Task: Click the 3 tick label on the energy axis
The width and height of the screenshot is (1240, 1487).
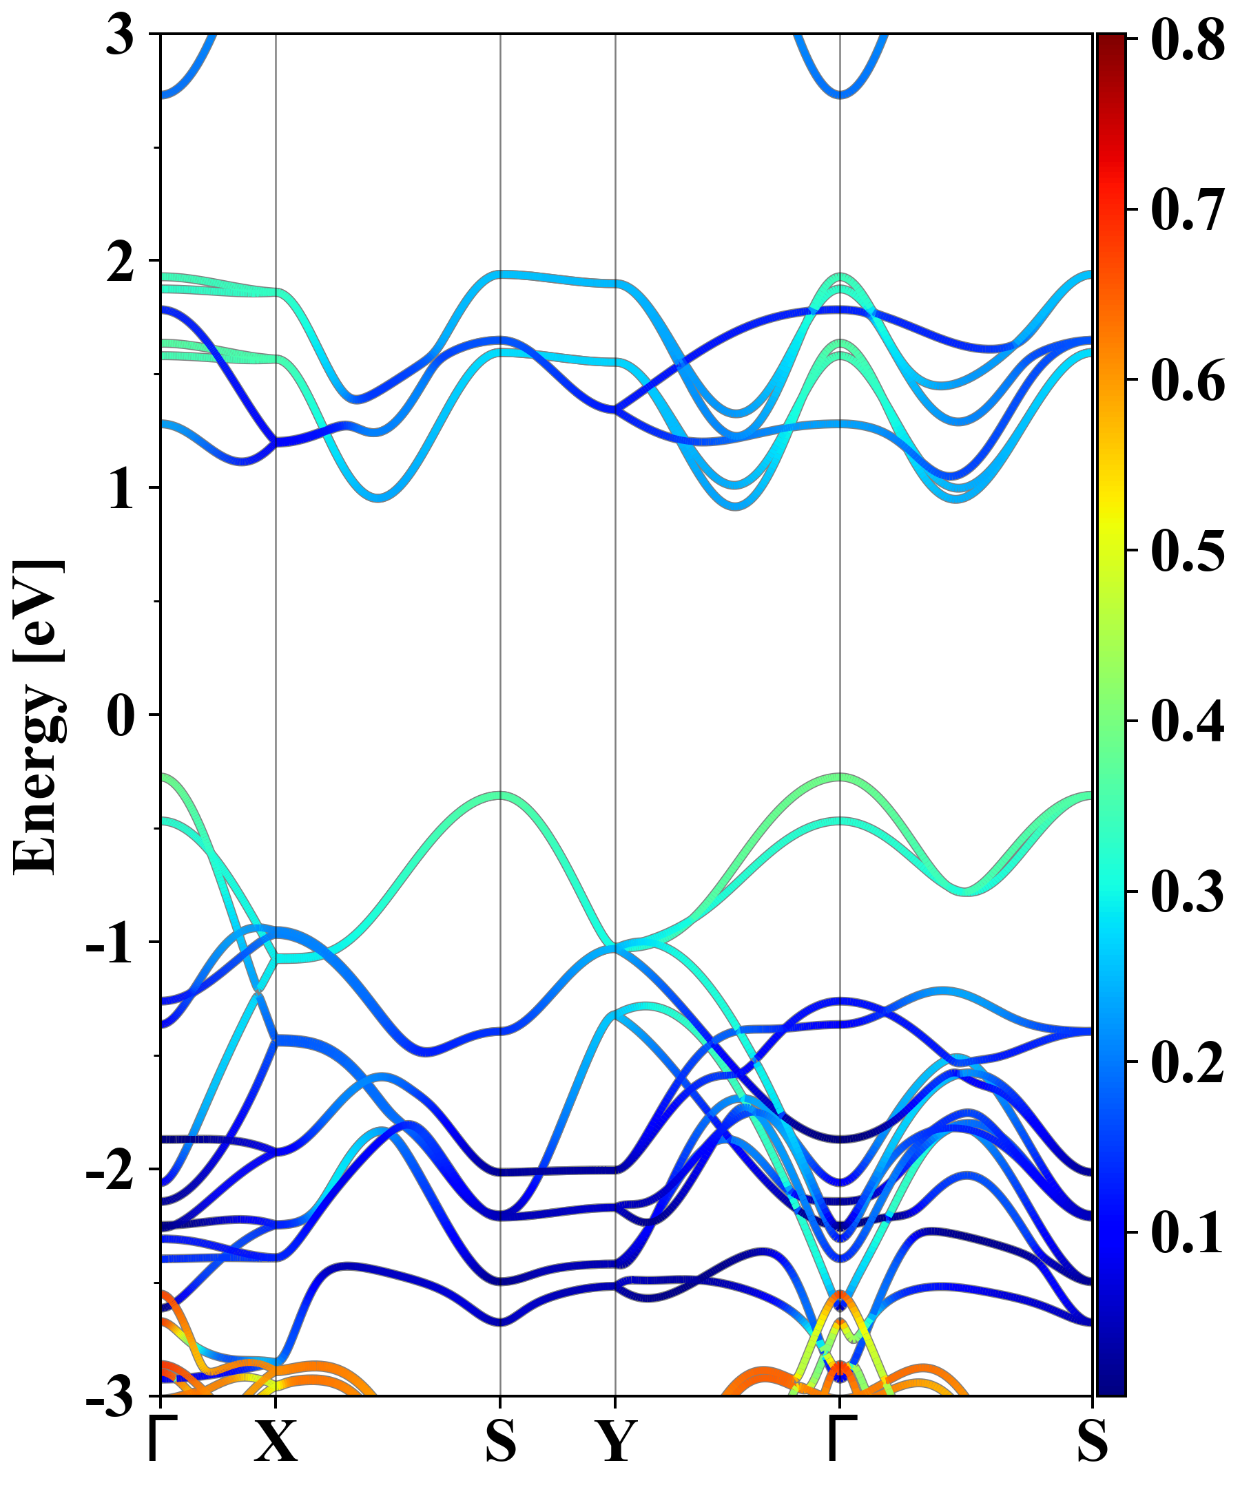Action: click(x=120, y=35)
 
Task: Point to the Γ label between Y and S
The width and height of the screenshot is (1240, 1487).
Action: click(x=841, y=1441)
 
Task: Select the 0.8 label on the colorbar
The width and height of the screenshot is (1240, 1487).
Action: click(x=1188, y=40)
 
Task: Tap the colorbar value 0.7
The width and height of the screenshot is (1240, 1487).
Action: click(x=1188, y=209)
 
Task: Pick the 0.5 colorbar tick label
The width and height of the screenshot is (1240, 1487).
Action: click(x=1188, y=550)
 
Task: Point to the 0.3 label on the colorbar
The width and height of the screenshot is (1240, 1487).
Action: click(x=1188, y=892)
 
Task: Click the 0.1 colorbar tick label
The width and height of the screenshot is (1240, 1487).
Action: click(x=1188, y=1233)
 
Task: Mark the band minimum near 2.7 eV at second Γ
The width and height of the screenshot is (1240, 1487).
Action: click(x=840, y=94)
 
